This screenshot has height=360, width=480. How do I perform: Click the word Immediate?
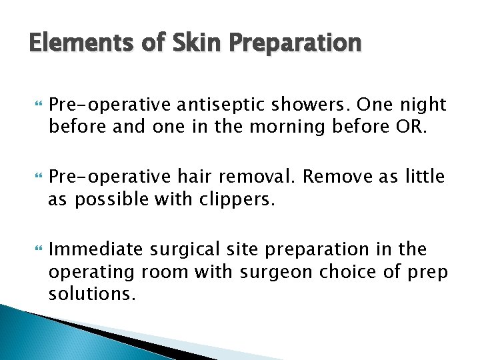click(x=95, y=249)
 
